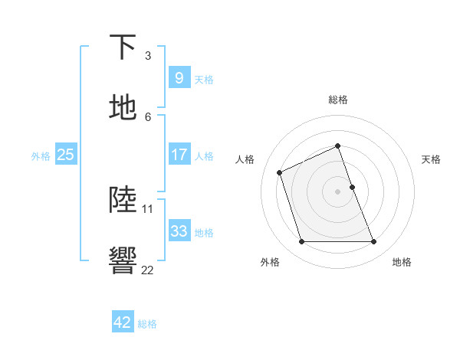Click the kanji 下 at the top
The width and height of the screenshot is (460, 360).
coord(123,48)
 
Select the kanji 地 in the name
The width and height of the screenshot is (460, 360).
coord(123,108)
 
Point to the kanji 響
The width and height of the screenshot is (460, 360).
coord(123,260)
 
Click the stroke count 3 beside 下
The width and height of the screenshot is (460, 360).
coord(148,56)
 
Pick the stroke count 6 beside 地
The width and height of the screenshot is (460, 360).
coord(148,116)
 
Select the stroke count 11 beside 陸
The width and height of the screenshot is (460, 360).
coord(148,208)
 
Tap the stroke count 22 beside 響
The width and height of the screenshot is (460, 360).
coord(148,270)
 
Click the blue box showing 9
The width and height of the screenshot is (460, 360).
coord(179,77)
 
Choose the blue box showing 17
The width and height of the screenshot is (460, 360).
coord(179,155)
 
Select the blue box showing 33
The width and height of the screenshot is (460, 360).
coord(179,231)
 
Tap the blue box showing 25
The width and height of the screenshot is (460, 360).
coord(66,155)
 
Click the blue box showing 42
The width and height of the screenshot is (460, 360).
coord(123,322)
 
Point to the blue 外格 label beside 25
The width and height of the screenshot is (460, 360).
coord(41,155)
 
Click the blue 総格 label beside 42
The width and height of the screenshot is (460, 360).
coord(148,324)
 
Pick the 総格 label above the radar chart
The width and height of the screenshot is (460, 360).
coord(338,100)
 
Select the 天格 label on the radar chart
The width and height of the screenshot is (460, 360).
coord(432,159)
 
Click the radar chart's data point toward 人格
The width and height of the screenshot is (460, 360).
coord(281,172)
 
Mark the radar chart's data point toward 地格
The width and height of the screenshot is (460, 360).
coord(374,242)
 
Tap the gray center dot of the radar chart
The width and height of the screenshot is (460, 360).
coord(338,191)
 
